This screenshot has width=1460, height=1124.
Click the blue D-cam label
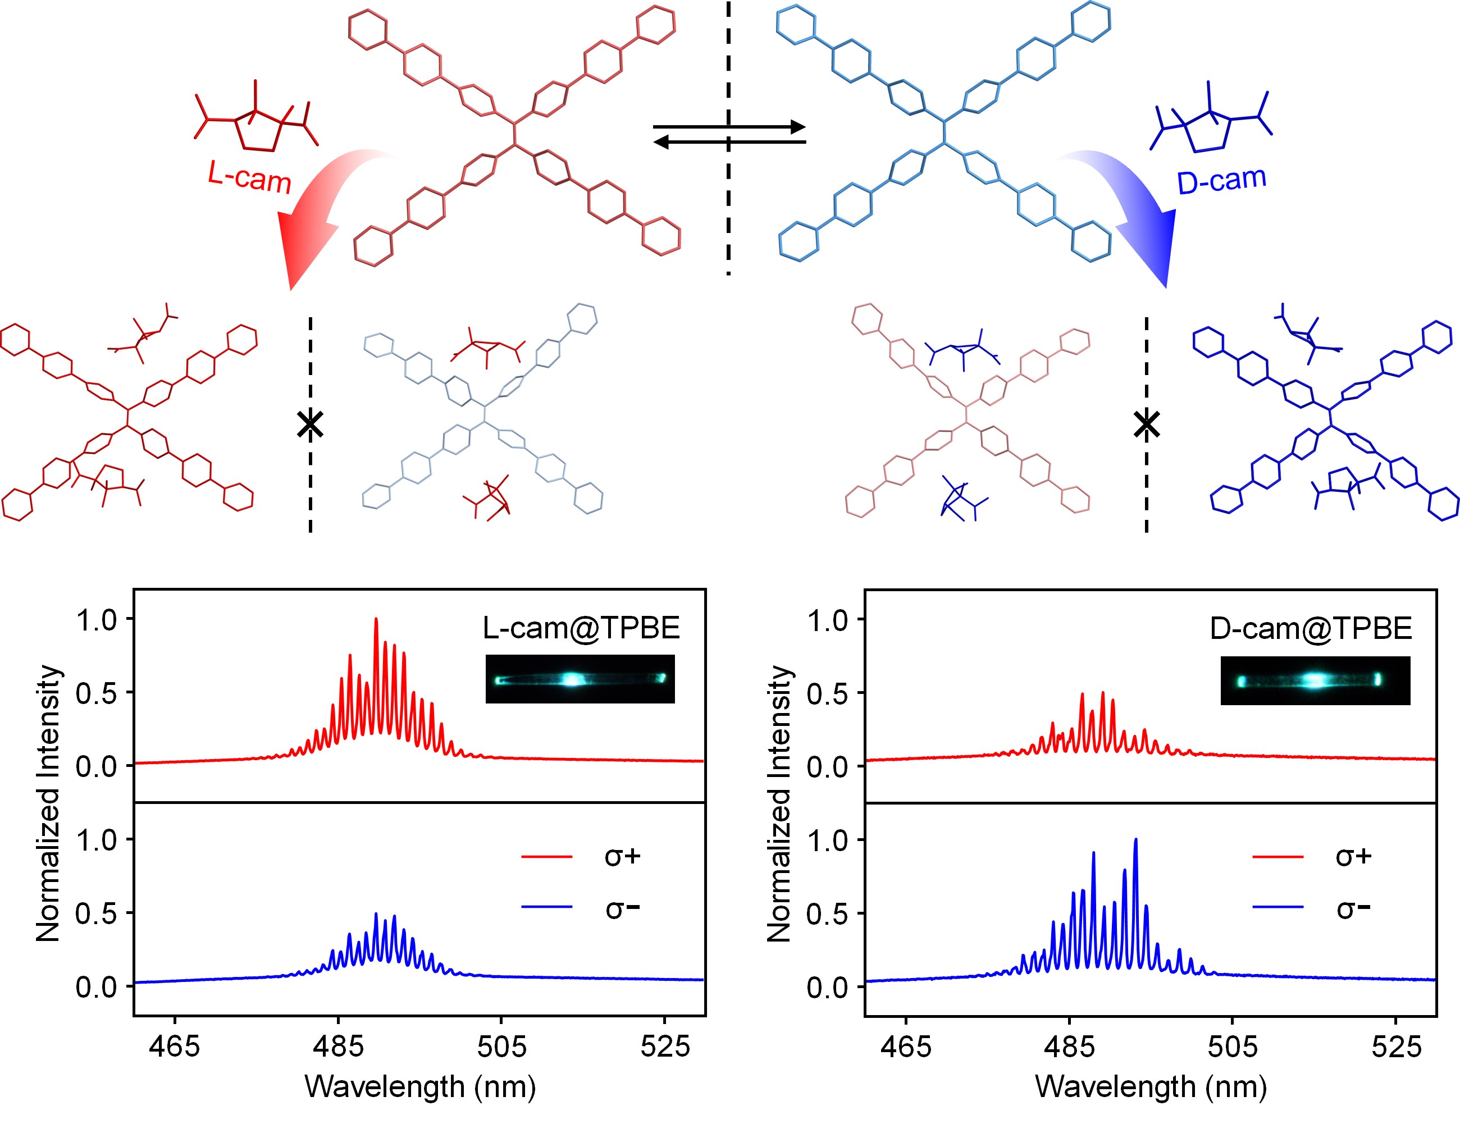tap(1221, 180)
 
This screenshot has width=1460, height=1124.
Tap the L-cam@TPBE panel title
tap(581, 628)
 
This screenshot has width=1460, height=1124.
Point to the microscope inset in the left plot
tap(580, 679)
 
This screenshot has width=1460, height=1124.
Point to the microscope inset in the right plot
tap(1315, 680)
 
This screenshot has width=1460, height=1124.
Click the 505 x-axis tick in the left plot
tap(501, 1046)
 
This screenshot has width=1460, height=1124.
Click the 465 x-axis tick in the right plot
tap(906, 1046)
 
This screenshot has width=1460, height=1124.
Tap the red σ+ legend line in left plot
tap(547, 856)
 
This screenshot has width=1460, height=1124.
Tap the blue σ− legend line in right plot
tap(1277, 907)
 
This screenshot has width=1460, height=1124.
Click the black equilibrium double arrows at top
tap(729, 134)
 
